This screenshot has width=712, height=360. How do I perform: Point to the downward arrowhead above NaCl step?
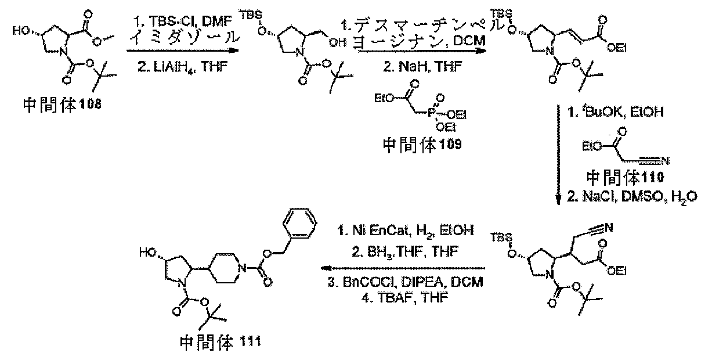[x=558, y=199]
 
